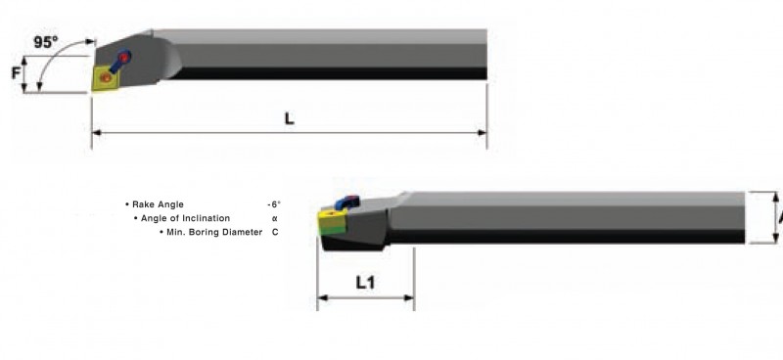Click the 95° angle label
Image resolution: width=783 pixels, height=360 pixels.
[x=46, y=42]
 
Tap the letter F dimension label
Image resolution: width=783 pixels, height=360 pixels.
[x=16, y=74]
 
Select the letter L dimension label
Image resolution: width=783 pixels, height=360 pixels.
[x=289, y=118]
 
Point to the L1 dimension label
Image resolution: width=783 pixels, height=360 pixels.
[x=365, y=283]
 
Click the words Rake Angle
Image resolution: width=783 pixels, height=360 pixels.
[x=158, y=204]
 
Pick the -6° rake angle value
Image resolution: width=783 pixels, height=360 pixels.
[x=274, y=204]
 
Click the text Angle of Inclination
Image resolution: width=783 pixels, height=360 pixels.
[x=185, y=218]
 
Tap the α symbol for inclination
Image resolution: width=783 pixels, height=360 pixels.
[x=275, y=218]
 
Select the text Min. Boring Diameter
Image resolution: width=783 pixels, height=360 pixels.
[x=214, y=232]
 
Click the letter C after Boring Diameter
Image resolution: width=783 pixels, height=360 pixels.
[x=275, y=232]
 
